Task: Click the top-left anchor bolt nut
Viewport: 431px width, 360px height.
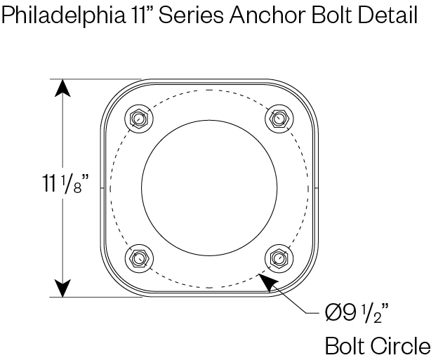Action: (139, 119)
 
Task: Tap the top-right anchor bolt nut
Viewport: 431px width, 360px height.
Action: (279, 119)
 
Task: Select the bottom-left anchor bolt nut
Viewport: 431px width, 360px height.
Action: (139, 258)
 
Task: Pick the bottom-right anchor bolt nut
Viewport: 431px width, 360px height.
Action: (279, 258)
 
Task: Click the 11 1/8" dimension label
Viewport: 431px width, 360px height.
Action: (66, 184)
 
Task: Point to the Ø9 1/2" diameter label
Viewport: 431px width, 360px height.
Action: (357, 314)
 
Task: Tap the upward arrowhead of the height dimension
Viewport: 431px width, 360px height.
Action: (62, 88)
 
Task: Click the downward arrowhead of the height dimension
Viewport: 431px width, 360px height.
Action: (62, 288)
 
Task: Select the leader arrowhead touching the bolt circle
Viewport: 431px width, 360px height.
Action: (268, 281)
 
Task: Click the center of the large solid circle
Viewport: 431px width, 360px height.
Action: (209, 188)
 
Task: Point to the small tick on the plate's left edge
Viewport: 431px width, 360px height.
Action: (102, 188)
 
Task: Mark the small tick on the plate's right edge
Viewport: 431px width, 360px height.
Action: (316, 188)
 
